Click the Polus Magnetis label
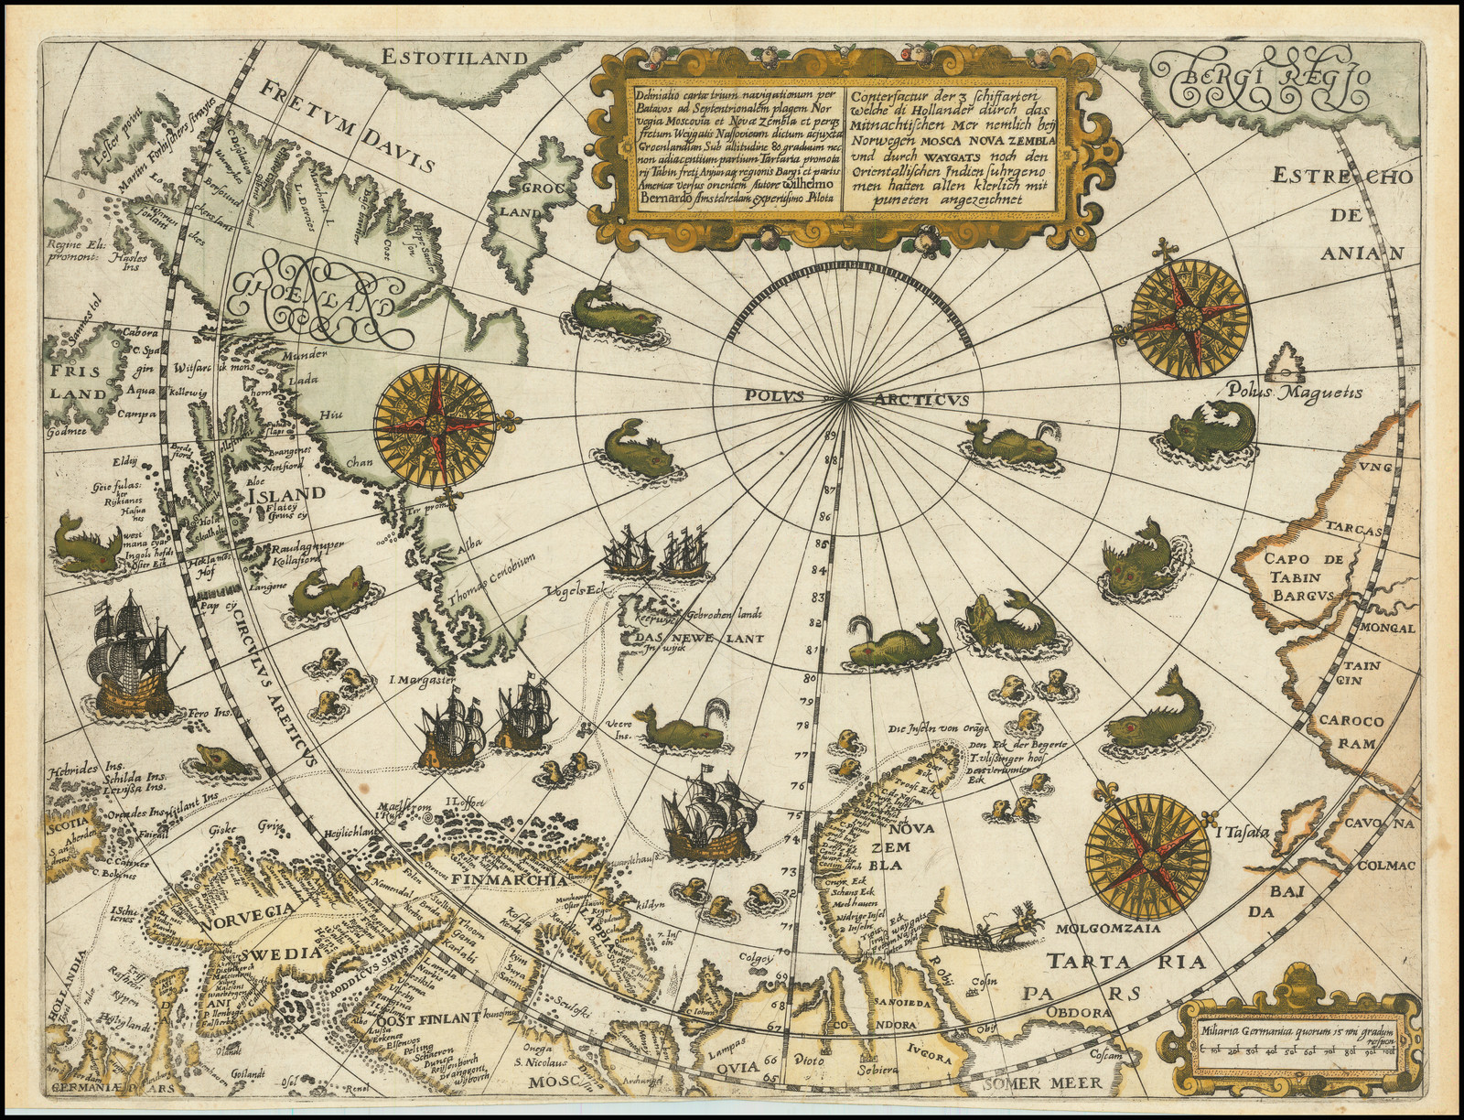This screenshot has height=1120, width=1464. (1290, 393)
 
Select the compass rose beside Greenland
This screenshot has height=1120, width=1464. (436, 424)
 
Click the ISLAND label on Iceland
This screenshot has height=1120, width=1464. (285, 493)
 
